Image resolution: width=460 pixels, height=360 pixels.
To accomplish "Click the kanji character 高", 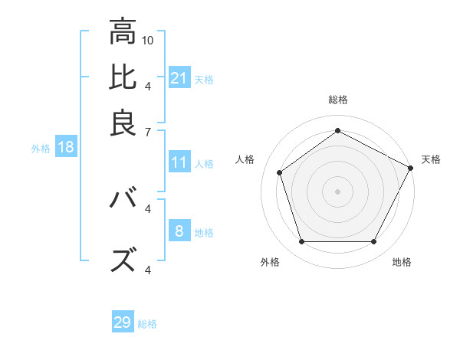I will pyautogui.click(x=123, y=31).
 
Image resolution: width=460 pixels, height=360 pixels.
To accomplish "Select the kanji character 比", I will pyautogui.click(x=123, y=77).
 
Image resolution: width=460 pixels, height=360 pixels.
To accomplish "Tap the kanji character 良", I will pyautogui.click(x=123, y=123).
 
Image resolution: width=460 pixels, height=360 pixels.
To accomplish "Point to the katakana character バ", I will pyautogui.click(x=123, y=200).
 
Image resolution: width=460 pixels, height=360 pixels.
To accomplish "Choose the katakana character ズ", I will pyautogui.click(x=123, y=261).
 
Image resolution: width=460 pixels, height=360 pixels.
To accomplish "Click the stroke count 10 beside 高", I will pyautogui.click(x=149, y=39).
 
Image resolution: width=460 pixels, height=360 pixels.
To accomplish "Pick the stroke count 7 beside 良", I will pyautogui.click(x=148, y=131).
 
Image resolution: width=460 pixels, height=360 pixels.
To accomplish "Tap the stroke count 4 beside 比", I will pyautogui.click(x=148, y=85).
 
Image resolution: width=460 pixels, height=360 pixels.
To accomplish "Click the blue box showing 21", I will pyautogui.click(x=179, y=77).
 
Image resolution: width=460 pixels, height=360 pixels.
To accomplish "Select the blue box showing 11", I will pyautogui.click(x=179, y=162).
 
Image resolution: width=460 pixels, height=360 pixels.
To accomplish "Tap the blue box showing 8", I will pyautogui.click(x=179, y=231).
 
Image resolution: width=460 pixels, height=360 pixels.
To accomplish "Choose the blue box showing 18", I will pyautogui.click(x=66, y=147).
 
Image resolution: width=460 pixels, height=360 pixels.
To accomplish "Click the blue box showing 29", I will pyautogui.click(x=123, y=322).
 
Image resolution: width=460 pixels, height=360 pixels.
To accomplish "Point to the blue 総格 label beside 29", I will pyautogui.click(x=147, y=324).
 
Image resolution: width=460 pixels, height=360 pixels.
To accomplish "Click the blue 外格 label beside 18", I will pyautogui.click(x=40, y=149).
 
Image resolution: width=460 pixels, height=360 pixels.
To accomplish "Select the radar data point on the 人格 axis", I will pyautogui.click(x=280, y=172).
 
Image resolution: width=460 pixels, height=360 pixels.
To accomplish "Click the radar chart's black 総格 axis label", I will pyautogui.click(x=337, y=100).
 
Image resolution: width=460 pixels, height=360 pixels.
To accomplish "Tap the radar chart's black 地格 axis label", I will pyautogui.click(x=402, y=263).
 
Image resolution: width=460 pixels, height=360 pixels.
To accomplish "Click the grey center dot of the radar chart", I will pyautogui.click(x=337, y=191).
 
